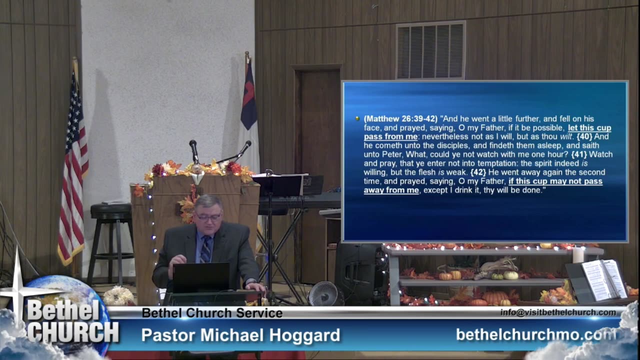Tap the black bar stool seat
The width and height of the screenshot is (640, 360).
coord(111,211)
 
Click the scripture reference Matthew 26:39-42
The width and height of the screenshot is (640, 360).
coord(400,119)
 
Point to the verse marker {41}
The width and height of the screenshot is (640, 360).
coord(579,154)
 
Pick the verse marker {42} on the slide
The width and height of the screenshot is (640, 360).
coord(478,172)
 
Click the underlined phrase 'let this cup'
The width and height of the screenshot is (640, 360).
coord(589,127)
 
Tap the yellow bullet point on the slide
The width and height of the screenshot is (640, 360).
coord(357,118)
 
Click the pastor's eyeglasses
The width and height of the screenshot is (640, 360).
coord(208,216)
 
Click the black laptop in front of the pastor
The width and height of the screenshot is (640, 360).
coord(201,277)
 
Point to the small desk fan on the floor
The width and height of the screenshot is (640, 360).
coord(324,293)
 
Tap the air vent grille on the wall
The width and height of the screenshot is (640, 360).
coord(430,50)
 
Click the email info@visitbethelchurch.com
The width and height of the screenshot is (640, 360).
coord(558,312)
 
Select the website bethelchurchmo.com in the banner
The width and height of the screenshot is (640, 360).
coord(536,334)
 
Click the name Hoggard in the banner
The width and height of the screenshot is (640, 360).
coord(304,335)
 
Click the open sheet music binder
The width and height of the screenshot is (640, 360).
coord(603,279)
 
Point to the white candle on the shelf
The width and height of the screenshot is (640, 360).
coord(578,255)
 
